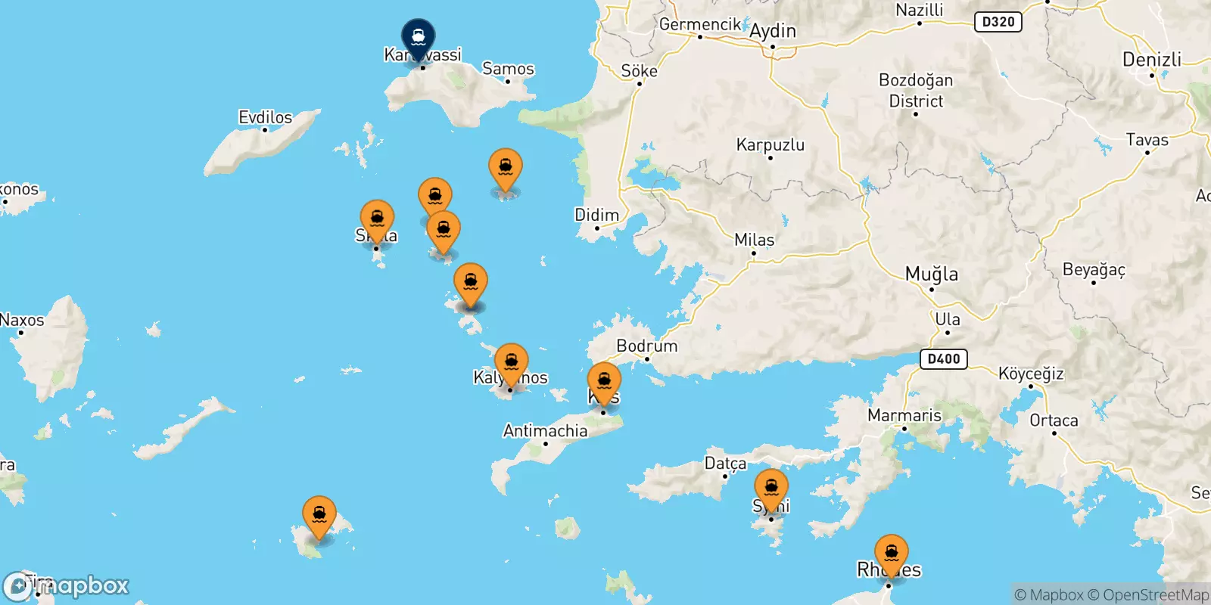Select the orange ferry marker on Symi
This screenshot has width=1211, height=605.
771,488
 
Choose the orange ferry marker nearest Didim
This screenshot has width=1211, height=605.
506,167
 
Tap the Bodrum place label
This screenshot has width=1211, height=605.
646,346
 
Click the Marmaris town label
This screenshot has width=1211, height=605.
904,415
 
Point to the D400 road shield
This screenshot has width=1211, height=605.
944,358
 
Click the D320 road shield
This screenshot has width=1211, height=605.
998,22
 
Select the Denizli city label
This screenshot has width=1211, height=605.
1151,60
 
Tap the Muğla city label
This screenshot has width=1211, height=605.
932,274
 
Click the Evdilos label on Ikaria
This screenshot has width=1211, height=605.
265,117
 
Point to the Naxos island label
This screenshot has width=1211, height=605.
23,320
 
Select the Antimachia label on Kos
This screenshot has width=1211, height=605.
545,431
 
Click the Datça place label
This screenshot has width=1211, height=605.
725,463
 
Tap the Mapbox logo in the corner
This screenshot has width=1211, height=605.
67,586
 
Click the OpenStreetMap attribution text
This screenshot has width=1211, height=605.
1155,595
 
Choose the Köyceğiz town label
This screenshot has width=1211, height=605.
1030,374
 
